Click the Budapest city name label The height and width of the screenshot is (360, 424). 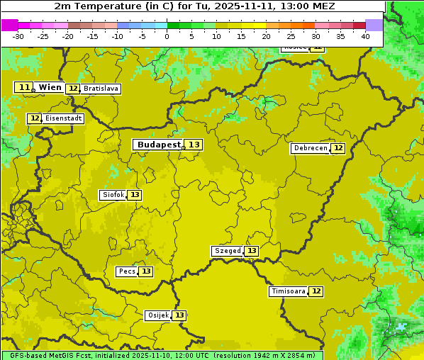159,145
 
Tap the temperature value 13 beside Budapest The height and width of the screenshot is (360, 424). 194,145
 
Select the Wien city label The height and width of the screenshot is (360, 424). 50,87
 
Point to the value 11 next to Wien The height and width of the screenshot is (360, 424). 24,87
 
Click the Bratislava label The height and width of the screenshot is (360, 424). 100,89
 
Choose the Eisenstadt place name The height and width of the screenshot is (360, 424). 64,118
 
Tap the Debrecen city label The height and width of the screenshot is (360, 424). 310,148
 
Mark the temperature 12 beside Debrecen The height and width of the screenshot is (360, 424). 338,148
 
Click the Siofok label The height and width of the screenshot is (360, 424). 113,195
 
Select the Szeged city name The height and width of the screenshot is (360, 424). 228,251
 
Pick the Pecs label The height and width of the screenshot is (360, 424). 127,271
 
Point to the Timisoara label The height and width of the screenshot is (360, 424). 289,291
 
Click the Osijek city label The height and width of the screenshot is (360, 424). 158,315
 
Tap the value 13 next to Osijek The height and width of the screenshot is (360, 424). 180,315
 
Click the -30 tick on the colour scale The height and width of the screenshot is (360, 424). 18,36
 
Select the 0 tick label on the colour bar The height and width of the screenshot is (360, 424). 167,36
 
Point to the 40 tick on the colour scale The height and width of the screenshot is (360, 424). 365,36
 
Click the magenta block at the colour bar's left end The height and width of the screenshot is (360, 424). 10,25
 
